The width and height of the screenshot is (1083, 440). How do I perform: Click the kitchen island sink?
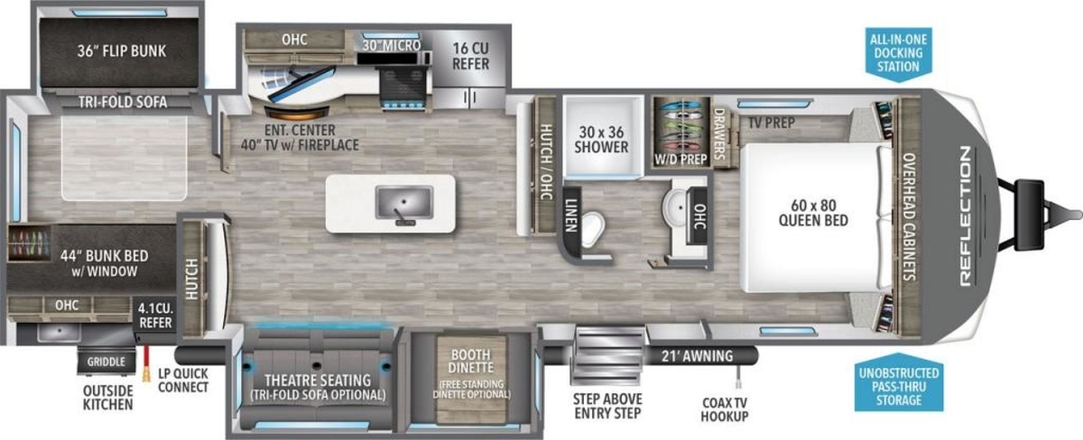click(x=404, y=204)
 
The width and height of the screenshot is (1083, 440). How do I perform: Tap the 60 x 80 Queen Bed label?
click(x=813, y=213)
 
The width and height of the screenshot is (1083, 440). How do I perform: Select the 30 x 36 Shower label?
click(x=601, y=140)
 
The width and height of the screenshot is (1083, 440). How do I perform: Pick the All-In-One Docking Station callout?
click(x=898, y=53)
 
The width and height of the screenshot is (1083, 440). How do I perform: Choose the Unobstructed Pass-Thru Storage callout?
click(x=899, y=384)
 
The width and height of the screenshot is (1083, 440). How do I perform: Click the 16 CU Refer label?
click(x=470, y=56)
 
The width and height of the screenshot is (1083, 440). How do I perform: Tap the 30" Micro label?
click(x=392, y=45)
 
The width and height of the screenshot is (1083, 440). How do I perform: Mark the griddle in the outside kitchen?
click(x=106, y=361)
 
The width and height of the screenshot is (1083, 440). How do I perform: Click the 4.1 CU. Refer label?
click(x=155, y=316)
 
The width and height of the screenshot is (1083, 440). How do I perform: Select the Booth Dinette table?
click(x=471, y=379)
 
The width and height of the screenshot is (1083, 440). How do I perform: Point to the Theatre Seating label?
click(x=318, y=380)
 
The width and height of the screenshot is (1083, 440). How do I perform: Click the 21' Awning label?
click(x=697, y=356)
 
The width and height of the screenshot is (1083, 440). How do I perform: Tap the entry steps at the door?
click(x=607, y=356)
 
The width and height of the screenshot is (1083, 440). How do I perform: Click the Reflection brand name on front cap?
click(x=965, y=216)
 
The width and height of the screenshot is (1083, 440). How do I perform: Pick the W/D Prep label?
click(x=680, y=160)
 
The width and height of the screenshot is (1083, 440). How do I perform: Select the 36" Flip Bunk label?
click(x=121, y=51)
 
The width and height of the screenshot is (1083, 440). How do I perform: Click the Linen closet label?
click(x=571, y=215)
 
